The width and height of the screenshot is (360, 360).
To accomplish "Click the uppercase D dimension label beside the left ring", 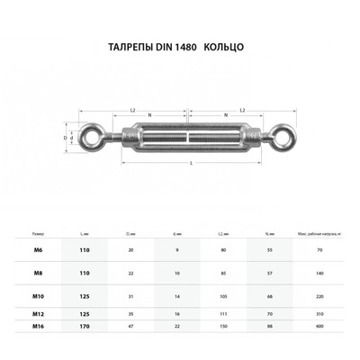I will [x=65, y=138].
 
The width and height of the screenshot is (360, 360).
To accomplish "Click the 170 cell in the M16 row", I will [x=83, y=326].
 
